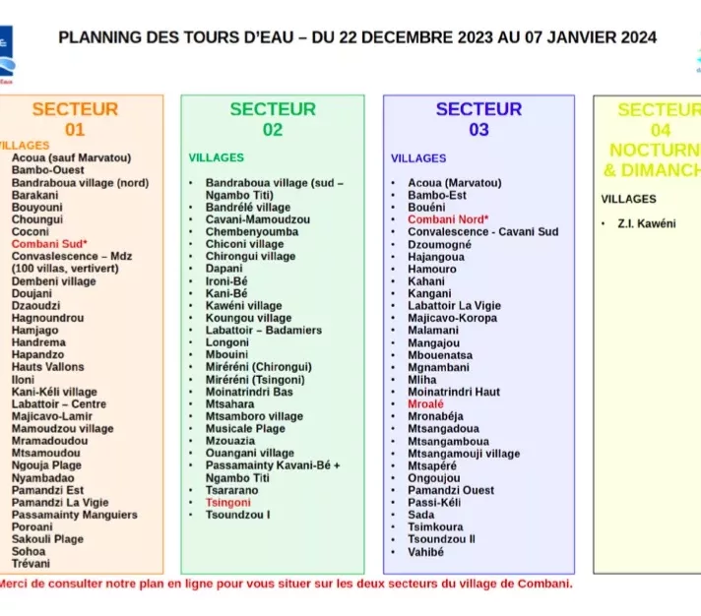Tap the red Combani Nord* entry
(448, 219)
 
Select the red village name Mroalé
(425, 403)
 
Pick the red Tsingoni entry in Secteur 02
(227, 502)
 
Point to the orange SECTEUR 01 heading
(75, 119)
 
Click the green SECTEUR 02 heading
(273, 119)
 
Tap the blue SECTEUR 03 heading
(478, 119)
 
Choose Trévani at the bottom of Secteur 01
(31, 564)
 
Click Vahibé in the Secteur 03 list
(425, 552)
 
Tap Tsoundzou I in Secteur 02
(237, 515)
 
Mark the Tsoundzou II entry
(441, 539)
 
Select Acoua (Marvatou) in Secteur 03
(454, 182)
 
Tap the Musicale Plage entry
(245, 429)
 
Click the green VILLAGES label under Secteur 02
(217, 157)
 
